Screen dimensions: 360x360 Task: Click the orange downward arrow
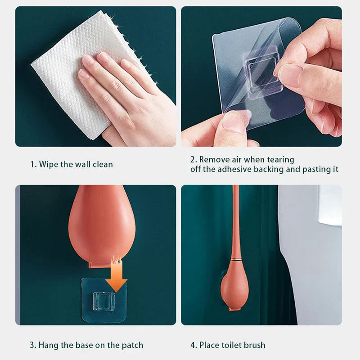[117, 275]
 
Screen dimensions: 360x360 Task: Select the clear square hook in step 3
[103, 301]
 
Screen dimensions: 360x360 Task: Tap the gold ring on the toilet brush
[235, 259]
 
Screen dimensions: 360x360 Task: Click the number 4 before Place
[193, 345]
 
